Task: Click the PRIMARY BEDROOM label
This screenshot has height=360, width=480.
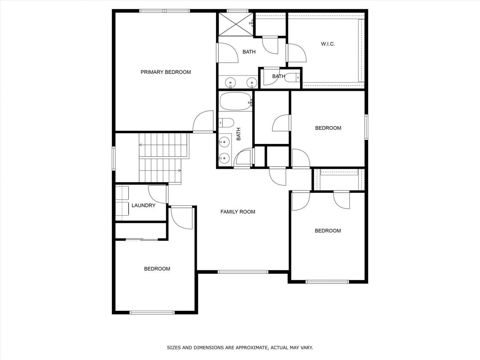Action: pyautogui.click(x=165, y=72)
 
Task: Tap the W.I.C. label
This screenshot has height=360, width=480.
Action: pyautogui.click(x=328, y=44)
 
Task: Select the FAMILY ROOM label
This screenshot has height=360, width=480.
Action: pyautogui.click(x=237, y=212)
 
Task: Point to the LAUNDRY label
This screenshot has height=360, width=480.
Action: pyautogui.click(x=143, y=205)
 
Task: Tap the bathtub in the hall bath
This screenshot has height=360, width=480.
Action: pyautogui.click(x=235, y=101)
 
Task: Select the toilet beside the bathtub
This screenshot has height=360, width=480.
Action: pyautogui.click(x=226, y=122)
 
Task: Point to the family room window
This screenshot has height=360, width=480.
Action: pyautogui.click(x=243, y=272)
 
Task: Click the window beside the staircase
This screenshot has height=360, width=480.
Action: pyautogui.click(x=114, y=158)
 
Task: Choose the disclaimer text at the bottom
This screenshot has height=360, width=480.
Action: pyautogui.click(x=240, y=348)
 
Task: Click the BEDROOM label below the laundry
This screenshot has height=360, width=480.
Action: pyautogui.click(x=157, y=269)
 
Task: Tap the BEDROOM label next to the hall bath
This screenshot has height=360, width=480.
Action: pyautogui.click(x=328, y=128)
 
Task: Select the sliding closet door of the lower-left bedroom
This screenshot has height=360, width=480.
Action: pyautogui.click(x=142, y=239)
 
